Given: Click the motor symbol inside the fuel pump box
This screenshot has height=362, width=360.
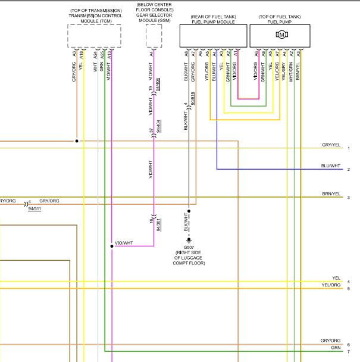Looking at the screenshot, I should point(281,35).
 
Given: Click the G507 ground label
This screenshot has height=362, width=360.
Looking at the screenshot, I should point(189,246).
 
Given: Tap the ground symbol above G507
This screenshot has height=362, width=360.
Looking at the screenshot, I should point(189,239).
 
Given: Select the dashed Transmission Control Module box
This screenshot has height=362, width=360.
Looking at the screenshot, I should point(90,36).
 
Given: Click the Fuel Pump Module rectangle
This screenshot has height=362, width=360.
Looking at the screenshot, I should point(212,36).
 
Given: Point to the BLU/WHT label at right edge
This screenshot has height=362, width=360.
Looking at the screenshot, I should point(331,166).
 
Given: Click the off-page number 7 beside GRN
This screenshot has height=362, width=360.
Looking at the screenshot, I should point(349,351).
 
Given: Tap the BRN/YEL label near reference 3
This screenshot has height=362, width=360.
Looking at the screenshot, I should point(331,194).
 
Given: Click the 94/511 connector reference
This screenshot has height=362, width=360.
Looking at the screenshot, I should point(35,209).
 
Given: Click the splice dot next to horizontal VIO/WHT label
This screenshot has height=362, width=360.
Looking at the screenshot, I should point(112,245).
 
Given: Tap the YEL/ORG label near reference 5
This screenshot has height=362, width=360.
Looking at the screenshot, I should point(331,285).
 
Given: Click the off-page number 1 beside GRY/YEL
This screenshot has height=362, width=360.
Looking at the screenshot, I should point(349,148).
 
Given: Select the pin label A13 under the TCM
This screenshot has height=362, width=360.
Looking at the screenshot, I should point(111,54).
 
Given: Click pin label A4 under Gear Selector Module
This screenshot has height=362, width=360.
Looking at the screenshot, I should point(152,54).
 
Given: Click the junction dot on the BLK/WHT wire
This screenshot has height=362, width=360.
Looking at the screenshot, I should point(189,210).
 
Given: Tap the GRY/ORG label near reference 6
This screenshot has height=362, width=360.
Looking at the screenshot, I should point(331,341).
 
